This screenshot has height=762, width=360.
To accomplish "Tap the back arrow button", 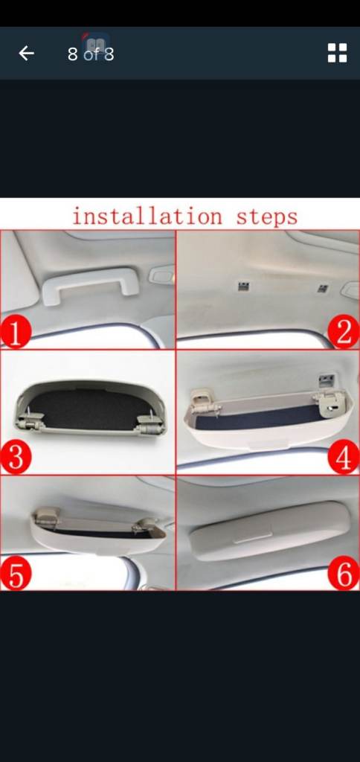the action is point(26,53).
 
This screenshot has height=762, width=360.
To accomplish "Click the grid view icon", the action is point(337,53).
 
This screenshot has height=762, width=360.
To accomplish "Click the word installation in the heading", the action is point(147,216).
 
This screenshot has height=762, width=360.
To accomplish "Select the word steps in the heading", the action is point(267,217).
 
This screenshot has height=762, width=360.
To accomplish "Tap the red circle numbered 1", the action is point(16,333).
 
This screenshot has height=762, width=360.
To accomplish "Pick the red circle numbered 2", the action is point(344,333).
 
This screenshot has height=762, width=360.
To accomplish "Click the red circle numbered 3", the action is point(16,458).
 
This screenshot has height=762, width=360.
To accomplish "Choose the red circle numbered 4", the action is point(344,458).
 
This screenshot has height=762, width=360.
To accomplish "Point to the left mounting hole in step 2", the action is point(243,285).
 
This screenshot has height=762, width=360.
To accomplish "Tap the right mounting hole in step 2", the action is point(322,288).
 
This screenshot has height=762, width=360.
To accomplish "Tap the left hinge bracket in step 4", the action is point(204,400).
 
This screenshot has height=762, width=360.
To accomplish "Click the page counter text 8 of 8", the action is point(91,54).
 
